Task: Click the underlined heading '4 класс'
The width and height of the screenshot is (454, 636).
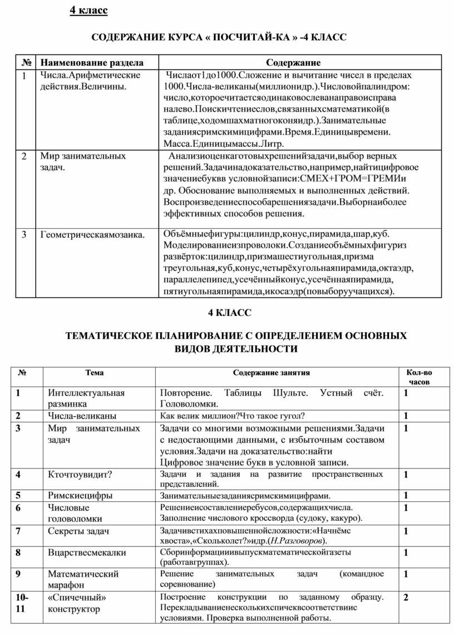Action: point(88,11)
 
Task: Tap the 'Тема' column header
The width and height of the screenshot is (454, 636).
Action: point(95,373)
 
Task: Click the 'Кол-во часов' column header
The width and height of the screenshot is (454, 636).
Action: point(420,377)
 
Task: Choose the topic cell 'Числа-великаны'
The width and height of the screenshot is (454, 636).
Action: point(82,416)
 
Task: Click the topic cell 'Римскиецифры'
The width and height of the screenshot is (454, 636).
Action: point(80,495)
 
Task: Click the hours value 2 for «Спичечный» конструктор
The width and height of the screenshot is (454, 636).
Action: point(407,598)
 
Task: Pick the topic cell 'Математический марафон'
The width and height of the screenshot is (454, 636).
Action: point(83,579)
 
